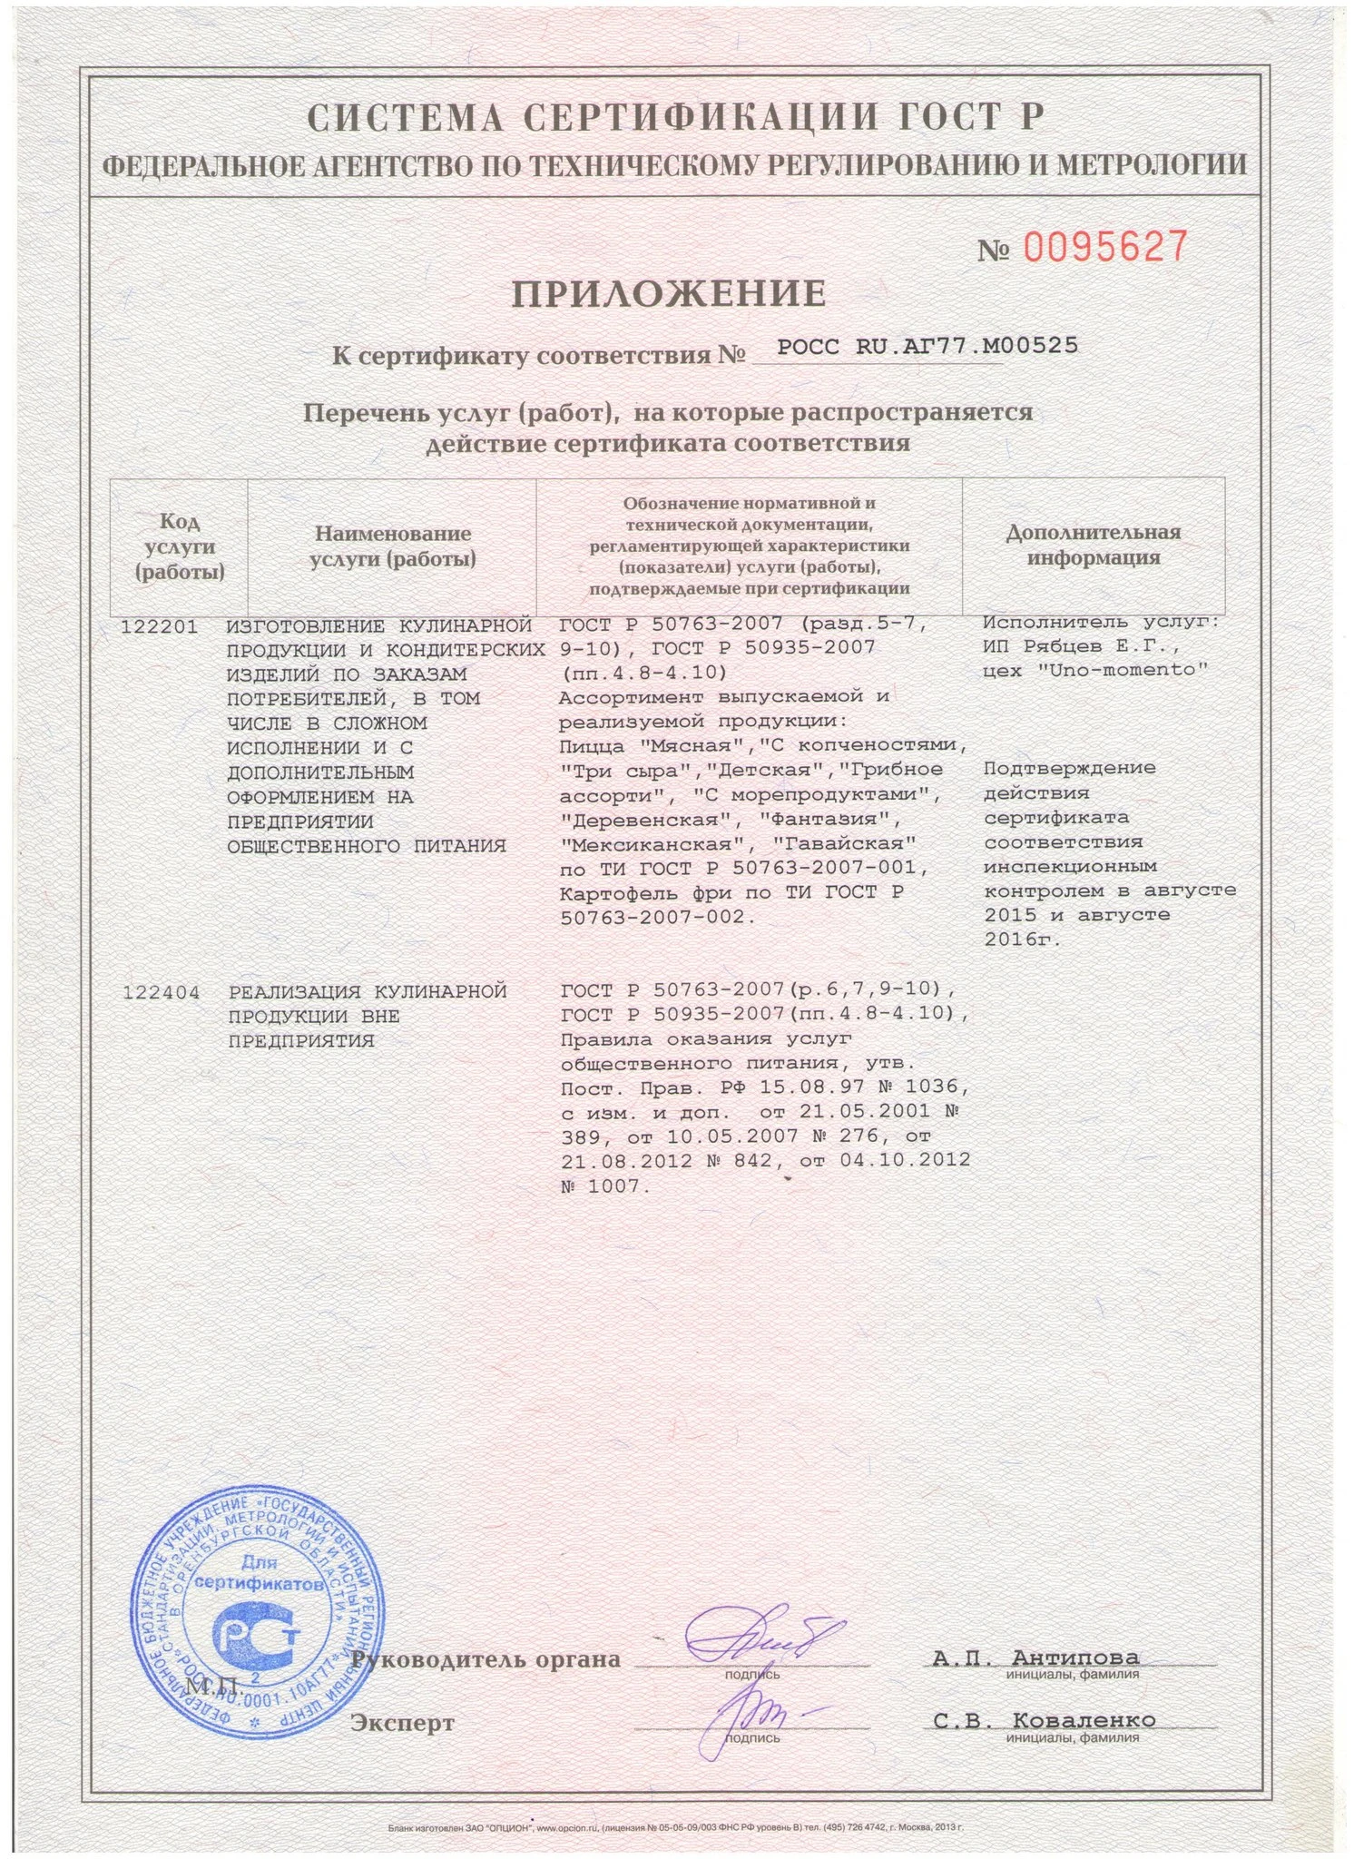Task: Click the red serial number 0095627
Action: [1105, 246]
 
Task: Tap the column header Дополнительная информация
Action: [1093, 545]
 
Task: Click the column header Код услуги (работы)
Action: [179, 546]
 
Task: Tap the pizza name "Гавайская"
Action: [851, 843]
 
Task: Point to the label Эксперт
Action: [403, 1722]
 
